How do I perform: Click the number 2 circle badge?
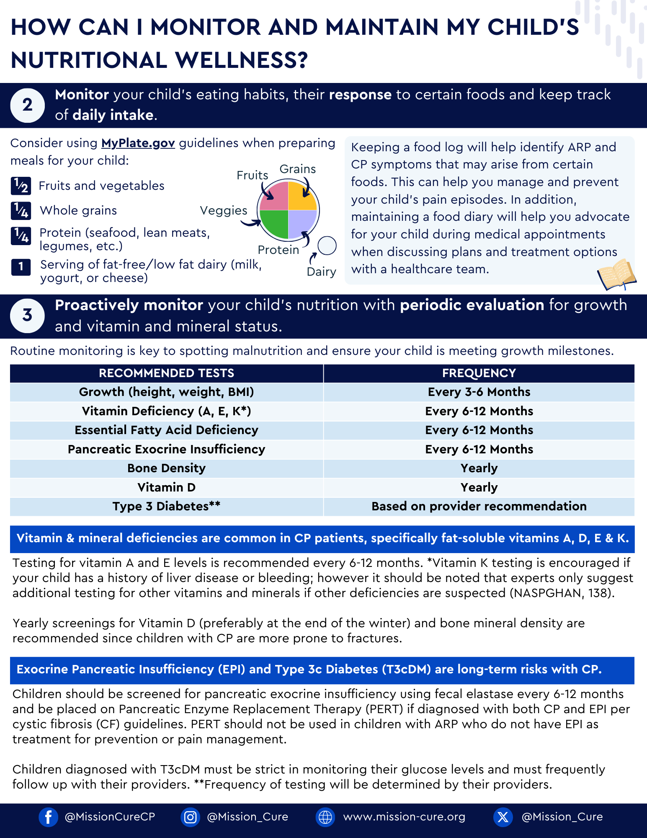click(27, 105)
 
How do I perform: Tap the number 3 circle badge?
click(27, 316)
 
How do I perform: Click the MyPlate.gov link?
click(138, 143)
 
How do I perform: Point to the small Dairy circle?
click(327, 246)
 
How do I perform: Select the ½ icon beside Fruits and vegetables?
click(21, 186)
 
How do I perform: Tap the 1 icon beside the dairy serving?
click(21, 267)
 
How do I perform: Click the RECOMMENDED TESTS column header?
click(166, 373)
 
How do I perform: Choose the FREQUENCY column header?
click(479, 373)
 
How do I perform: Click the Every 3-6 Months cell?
click(479, 392)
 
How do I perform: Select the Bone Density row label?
click(166, 468)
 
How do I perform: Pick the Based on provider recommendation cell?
click(479, 506)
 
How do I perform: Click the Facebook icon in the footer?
click(48, 817)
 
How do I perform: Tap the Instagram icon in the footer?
click(190, 817)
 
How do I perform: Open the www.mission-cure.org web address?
click(404, 817)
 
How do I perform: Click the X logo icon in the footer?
click(503, 817)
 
